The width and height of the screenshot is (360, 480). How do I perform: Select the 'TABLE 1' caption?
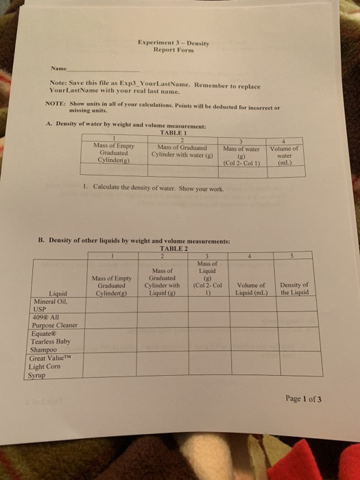[x=173, y=133]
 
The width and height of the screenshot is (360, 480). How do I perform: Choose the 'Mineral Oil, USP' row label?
[x=47, y=304]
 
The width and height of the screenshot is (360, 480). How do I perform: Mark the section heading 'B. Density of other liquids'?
[x=134, y=241]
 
